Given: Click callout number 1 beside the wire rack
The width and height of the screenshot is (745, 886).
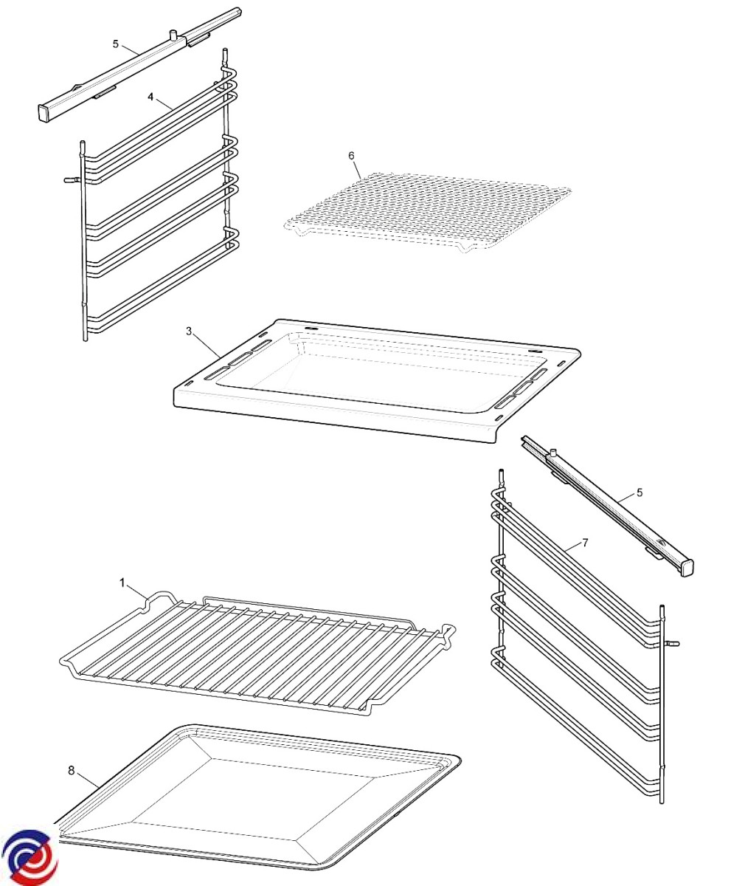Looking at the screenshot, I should pos(123,583).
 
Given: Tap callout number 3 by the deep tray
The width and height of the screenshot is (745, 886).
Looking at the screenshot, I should pos(189,331).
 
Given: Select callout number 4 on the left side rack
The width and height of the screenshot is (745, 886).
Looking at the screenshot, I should pos(150,97).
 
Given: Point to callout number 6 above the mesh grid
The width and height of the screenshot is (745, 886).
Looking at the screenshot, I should pos(351,155).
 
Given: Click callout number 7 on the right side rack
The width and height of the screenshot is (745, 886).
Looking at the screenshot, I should pos(585,543).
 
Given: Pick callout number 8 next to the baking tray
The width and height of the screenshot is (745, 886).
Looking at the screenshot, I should pos(71,770).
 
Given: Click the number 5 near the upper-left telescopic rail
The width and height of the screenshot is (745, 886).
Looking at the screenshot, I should pos(116,44).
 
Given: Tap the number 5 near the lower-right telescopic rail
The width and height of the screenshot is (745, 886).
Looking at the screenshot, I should pos(639,492).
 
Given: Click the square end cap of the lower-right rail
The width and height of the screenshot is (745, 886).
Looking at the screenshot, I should pos(687,566).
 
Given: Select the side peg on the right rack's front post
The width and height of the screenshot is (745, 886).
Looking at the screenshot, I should pos(673,643).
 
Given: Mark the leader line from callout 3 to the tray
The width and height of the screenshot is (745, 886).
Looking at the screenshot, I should pos(207,348).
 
